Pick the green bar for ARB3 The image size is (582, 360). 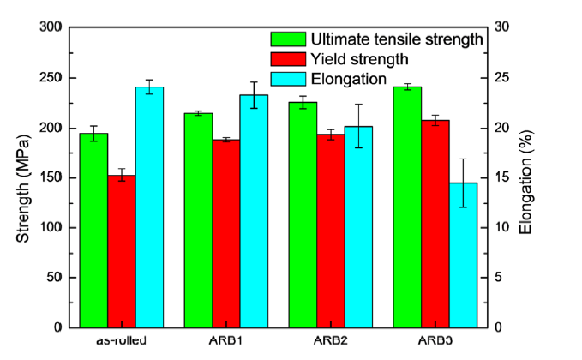click(x=407, y=207)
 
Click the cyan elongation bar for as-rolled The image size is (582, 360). click(x=149, y=207)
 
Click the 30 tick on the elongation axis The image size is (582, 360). click(x=507, y=28)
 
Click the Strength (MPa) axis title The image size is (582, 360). click(x=24, y=177)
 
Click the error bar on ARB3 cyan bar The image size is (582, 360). click(x=463, y=183)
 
